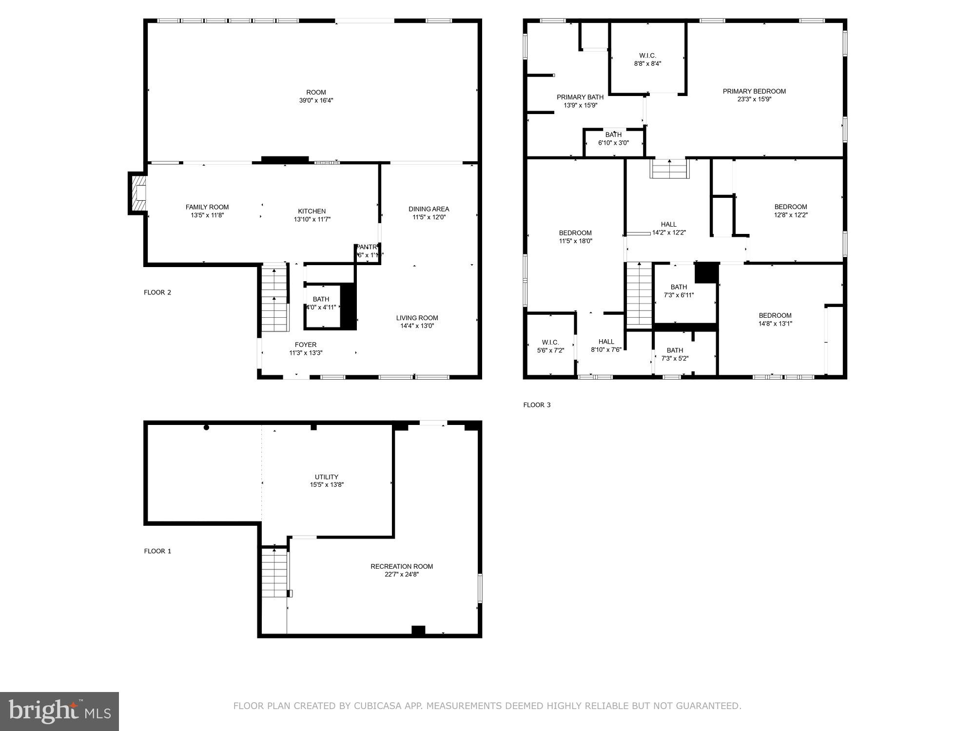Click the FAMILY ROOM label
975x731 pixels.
(207, 207)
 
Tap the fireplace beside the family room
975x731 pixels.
(138, 193)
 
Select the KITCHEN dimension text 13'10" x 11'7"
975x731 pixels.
(312, 219)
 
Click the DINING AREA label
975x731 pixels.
(429, 209)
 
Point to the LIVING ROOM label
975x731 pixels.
(417, 318)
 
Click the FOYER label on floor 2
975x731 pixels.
(306, 345)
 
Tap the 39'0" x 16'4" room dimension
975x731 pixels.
(316, 100)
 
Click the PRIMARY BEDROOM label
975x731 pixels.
(754, 91)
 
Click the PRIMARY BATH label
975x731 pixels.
(580, 97)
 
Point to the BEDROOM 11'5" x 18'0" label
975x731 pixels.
(575, 233)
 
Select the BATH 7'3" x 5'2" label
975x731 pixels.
(675, 350)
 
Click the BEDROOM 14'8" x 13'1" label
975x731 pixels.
(775, 315)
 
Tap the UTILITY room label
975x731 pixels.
(326, 477)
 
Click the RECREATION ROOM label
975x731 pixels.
(402, 566)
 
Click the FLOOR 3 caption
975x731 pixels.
(537, 405)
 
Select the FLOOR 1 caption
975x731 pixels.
(157, 551)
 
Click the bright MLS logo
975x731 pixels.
(59, 711)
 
